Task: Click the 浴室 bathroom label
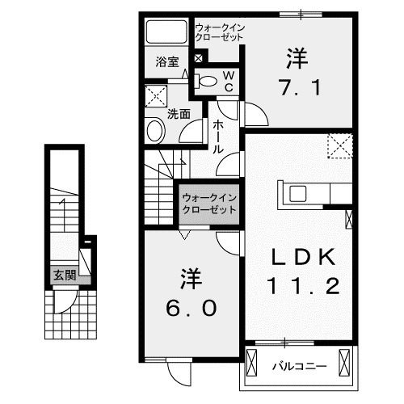coord(166,61)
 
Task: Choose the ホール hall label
coord(217,137)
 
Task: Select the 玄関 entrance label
coord(65,276)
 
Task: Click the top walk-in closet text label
coord(219,33)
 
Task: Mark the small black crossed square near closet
coord(199,57)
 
